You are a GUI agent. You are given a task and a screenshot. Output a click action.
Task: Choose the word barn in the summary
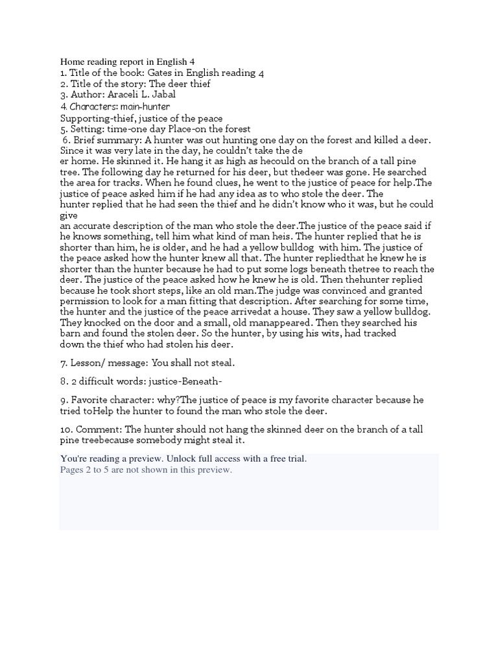click(71, 334)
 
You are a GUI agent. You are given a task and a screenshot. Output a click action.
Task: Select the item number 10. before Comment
click(67, 430)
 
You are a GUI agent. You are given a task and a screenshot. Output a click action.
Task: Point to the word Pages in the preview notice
click(72, 470)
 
